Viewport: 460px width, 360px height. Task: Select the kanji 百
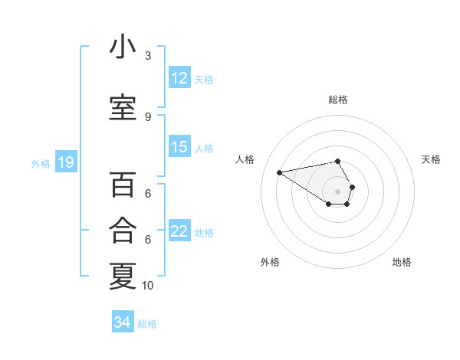(x=123, y=185)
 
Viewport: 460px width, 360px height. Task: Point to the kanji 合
(x=123, y=229)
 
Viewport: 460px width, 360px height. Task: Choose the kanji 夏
(x=123, y=275)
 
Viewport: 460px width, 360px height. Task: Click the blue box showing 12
(x=179, y=78)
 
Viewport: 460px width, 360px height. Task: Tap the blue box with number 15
(x=179, y=147)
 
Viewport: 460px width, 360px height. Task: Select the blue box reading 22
(x=179, y=231)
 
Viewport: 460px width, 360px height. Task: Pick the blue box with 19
(x=65, y=162)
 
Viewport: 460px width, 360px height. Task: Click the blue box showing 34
(x=123, y=322)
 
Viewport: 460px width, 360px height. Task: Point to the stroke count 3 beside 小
(x=148, y=56)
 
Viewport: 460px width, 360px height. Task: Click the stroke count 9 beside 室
(x=148, y=116)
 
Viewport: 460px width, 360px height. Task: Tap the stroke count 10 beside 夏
(x=148, y=285)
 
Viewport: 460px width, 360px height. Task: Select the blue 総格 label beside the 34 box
(x=147, y=324)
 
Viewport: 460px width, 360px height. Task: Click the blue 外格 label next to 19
(x=40, y=163)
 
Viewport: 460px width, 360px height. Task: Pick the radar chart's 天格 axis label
(x=431, y=159)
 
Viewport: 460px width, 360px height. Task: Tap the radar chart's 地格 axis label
(x=402, y=262)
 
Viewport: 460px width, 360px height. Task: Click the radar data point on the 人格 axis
(x=279, y=172)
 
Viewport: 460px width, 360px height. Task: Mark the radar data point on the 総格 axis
(x=337, y=161)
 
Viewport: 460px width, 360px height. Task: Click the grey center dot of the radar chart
(x=337, y=191)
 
